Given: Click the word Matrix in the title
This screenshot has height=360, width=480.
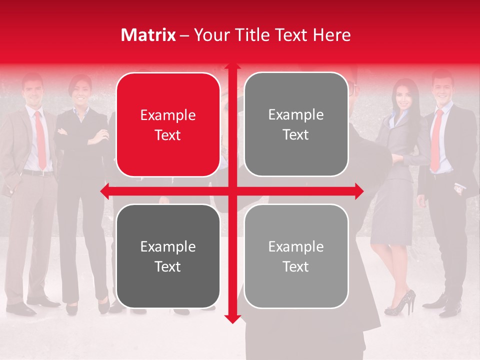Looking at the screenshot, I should (148, 35).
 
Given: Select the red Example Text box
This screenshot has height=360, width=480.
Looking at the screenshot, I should (168, 125).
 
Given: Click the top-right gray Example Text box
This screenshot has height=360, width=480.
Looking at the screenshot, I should (296, 124).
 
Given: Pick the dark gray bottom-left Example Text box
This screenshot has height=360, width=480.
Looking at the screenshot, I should (168, 256).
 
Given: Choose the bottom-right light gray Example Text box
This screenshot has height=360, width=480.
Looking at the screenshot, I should (296, 256).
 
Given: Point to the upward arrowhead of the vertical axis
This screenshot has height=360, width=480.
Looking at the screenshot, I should (232, 67).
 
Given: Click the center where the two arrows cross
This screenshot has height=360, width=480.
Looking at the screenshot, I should (232, 191).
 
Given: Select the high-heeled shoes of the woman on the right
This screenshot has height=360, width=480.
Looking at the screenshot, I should (400, 303).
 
